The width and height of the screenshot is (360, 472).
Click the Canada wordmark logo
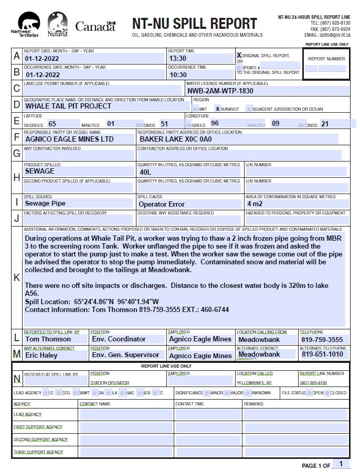point(95,26)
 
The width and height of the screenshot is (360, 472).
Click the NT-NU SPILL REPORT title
point(195,24)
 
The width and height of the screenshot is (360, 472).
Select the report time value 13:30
point(177,59)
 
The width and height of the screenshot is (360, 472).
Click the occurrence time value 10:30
point(177,75)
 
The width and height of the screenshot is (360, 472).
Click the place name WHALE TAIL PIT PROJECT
point(68,106)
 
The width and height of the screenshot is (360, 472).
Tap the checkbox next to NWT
point(196,109)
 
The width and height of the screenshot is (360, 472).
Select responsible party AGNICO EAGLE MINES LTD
point(69,140)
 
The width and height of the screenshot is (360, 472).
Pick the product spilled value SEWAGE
point(40,171)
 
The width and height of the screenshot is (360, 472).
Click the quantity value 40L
point(145,171)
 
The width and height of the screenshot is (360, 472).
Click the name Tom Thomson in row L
point(48,339)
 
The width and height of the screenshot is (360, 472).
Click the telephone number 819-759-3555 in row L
point(322,340)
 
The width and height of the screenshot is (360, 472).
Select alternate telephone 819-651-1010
point(322,355)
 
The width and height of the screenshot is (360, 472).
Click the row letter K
point(17,277)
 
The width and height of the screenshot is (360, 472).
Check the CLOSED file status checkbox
point(327,393)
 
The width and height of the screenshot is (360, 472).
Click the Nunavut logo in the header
point(57,24)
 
